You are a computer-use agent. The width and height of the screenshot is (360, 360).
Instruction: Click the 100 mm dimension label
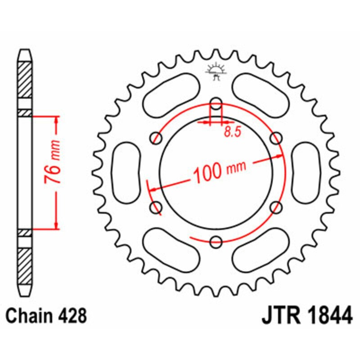tap(220, 171)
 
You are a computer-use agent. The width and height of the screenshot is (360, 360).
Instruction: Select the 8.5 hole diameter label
tap(230, 132)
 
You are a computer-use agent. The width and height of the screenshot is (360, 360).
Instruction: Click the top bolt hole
tap(216, 101)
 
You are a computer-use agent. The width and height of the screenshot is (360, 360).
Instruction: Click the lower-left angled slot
tap(171, 250)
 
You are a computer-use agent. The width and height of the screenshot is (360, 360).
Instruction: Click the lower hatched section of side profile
tap(25, 265)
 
